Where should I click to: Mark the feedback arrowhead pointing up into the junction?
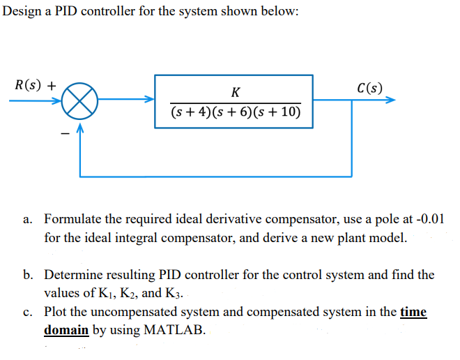click(82, 128)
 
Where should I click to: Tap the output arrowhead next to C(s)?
click(390, 100)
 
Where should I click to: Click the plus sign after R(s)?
click(52, 87)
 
